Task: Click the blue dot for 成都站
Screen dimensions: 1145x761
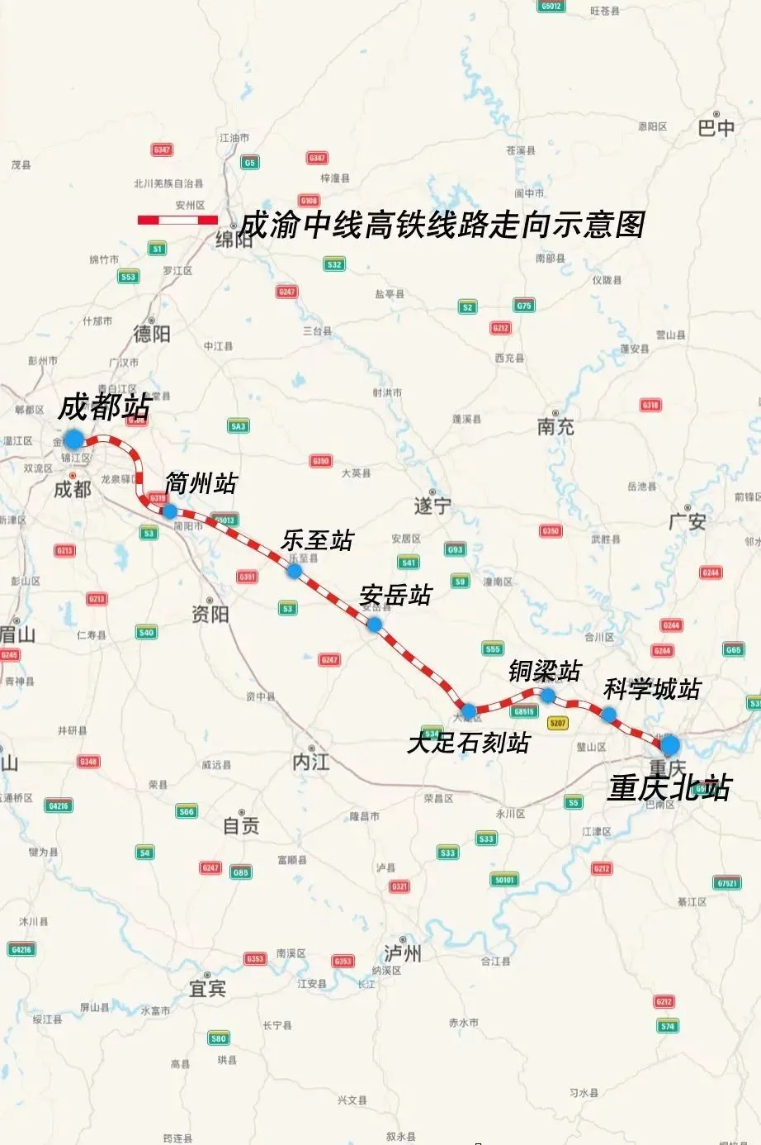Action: pos(74,439)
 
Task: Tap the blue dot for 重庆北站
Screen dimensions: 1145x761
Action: pos(669,744)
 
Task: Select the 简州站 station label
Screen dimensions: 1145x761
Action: pos(201,483)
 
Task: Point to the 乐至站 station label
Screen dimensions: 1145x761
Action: pos(317,540)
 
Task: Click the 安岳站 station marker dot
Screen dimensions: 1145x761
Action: pos(374,625)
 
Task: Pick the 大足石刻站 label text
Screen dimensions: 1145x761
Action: pos(468,743)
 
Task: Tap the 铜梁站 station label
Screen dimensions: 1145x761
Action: pos(545,671)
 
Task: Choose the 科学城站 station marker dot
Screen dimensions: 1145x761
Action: pos(608,715)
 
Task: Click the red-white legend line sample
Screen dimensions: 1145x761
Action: pos(177,220)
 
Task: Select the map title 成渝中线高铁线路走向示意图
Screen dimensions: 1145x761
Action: pos(442,225)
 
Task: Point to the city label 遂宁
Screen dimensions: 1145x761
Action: pos(432,506)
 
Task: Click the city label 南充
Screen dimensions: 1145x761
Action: pos(555,426)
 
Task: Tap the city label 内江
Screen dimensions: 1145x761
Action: pos(311,762)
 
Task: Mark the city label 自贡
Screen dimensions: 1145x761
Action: pos(241,825)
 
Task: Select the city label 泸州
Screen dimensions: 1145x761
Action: pos(403,953)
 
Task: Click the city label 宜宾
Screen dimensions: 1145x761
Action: pos(207,988)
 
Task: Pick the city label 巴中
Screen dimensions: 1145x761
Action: pos(716,128)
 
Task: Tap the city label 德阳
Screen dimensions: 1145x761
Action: pos(152,333)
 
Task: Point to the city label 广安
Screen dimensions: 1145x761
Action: pos(687,521)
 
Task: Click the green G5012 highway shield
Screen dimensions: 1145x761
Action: pos(551,6)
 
